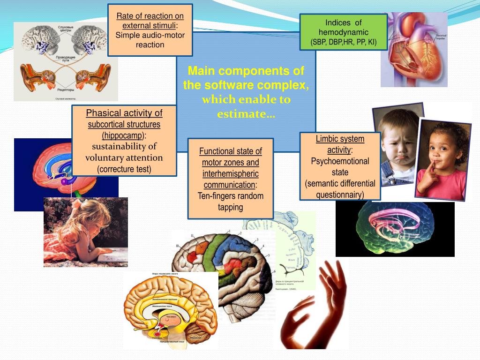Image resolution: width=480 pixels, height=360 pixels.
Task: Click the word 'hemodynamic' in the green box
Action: tap(344, 32)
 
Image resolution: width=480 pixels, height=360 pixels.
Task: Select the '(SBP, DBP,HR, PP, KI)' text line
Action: tap(344, 42)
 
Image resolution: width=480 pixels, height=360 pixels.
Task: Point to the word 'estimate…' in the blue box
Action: tap(246, 114)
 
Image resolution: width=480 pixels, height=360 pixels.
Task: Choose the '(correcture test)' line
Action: tap(124, 169)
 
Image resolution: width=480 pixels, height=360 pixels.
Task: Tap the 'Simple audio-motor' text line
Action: tap(150, 35)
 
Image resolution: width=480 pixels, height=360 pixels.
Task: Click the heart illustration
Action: tap(415, 52)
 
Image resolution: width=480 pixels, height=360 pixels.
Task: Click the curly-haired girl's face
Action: tap(441, 150)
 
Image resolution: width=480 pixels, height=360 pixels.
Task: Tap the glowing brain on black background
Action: tap(395, 230)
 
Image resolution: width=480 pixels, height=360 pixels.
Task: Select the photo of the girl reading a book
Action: tap(85, 232)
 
